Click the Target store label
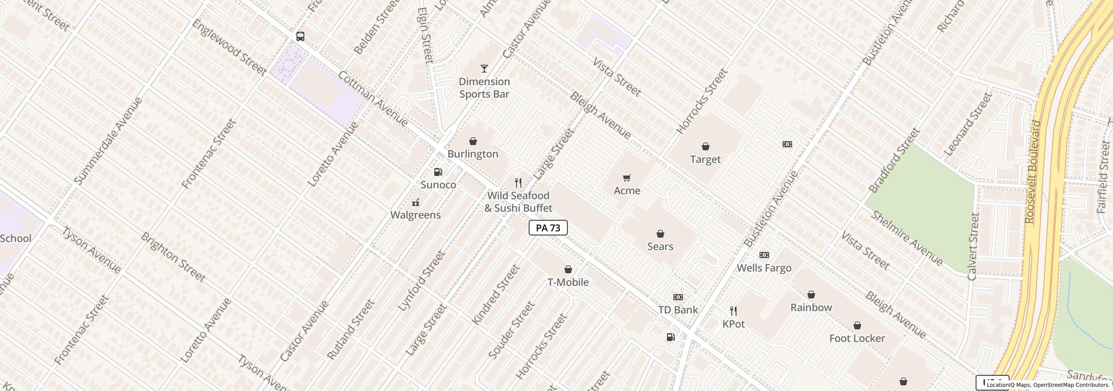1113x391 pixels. click(705, 159)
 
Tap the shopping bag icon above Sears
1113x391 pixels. click(660, 234)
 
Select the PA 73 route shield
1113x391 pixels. click(548, 228)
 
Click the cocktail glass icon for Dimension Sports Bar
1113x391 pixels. click(484, 69)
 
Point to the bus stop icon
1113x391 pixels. click(300, 36)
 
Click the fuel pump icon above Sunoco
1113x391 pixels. click(438, 172)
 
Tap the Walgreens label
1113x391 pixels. click(415, 215)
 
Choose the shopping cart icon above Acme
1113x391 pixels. click(626, 178)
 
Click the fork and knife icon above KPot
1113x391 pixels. click(733, 311)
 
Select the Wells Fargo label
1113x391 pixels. click(764, 268)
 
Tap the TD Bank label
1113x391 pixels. click(678, 310)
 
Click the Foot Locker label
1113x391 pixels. click(857, 338)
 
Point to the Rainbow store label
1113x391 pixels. click(811, 308)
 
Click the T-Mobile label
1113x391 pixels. click(568, 282)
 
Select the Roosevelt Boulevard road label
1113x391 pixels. click(1033, 172)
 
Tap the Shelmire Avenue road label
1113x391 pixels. click(907, 239)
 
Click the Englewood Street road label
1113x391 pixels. click(229, 47)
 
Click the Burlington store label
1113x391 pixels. click(473, 154)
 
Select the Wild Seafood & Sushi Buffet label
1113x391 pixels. click(518, 202)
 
